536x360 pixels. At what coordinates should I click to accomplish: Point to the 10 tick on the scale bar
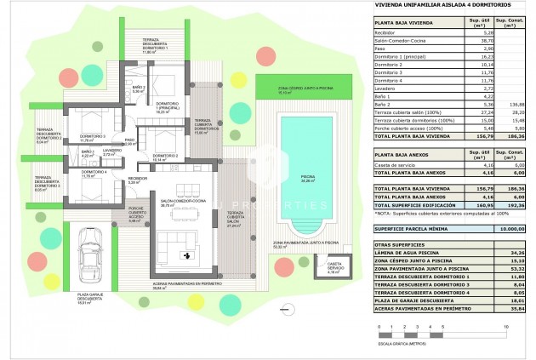pyautogui.click(x=506, y=326)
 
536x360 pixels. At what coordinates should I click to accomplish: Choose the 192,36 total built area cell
pyautogui.click(x=513, y=205)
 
